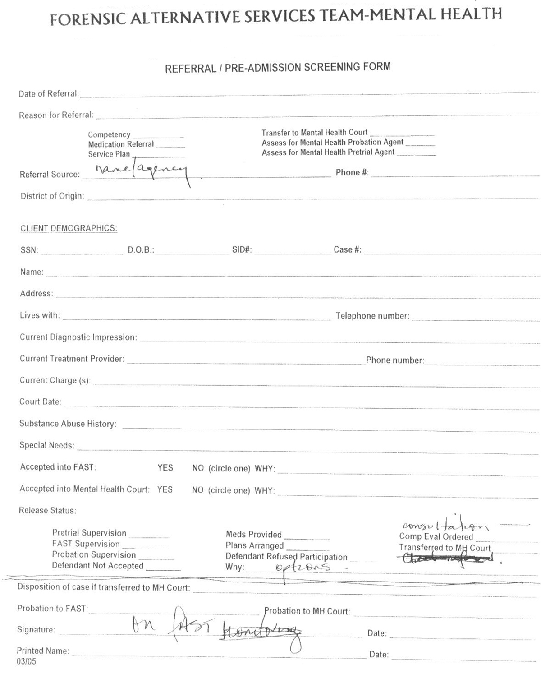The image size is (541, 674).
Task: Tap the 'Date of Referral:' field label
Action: (x=49, y=94)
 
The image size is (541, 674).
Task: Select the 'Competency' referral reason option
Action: (x=109, y=134)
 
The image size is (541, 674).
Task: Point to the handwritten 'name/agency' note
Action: (x=141, y=171)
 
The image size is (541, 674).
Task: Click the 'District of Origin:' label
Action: (x=52, y=196)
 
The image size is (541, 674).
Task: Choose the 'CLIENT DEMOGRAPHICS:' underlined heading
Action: (x=69, y=228)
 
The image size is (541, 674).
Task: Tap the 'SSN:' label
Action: (x=29, y=250)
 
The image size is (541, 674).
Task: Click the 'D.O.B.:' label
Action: (x=141, y=250)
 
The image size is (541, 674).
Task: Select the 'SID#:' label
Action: (x=242, y=249)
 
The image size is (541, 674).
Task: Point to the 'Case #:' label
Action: (x=347, y=249)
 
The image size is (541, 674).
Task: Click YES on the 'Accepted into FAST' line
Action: (x=165, y=467)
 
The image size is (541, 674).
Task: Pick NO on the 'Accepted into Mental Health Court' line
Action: (x=198, y=490)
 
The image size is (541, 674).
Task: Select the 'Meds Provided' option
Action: (x=254, y=535)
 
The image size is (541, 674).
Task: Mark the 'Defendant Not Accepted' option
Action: (x=97, y=566)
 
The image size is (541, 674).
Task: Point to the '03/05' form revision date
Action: (x=26, y=662)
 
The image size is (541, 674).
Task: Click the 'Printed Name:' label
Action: (x=43, y=651)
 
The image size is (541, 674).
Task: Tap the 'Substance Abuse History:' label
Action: (x=68, y=424)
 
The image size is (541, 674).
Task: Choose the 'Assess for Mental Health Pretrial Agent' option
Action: (x=328, y=152)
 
